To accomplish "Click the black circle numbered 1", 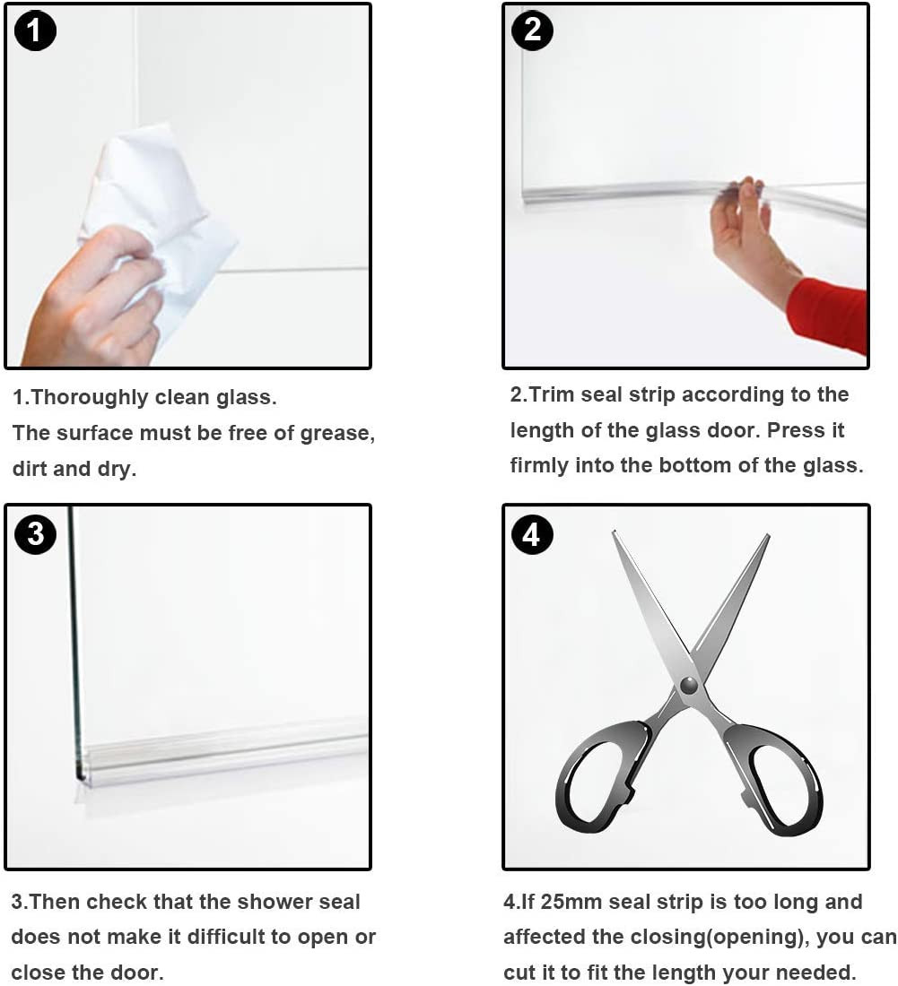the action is click(x=35, y=30).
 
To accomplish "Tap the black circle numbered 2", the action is click(x=532, y=30).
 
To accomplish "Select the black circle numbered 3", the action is click(x=36, y=534).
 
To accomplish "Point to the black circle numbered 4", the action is click(x=532, y=534).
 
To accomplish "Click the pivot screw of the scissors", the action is click(x=689, y=684).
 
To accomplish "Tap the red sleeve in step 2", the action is click(x=832, y=313).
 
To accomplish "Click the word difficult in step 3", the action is click(x=226, y=937).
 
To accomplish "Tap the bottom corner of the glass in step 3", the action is click(x=79, y=780).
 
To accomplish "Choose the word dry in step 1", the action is click(x=117, y=469).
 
